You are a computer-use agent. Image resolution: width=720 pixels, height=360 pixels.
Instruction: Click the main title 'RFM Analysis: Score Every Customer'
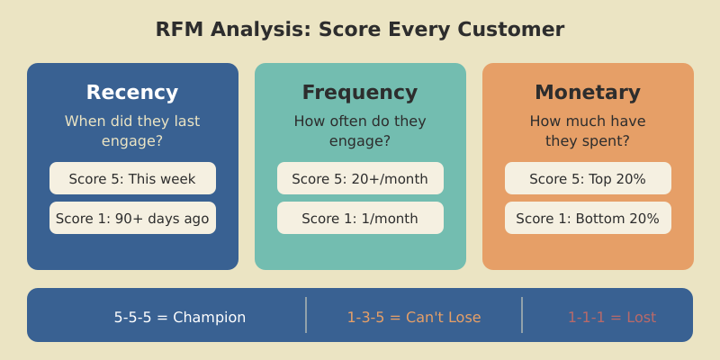(x=360, y=29)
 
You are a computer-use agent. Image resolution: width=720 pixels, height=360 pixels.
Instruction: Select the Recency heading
(x=132, y=92)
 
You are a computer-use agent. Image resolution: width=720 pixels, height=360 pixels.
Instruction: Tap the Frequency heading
(x=360, y=92)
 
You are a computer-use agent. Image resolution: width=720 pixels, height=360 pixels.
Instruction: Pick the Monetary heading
(x=588, y=92)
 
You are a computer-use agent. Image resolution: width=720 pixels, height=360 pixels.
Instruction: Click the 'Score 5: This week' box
(x=132, y=178)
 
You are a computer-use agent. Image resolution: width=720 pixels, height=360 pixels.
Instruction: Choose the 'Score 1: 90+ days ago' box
(x=132, y=218)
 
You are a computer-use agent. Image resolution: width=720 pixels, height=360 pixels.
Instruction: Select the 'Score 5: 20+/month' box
(x=360, y=178)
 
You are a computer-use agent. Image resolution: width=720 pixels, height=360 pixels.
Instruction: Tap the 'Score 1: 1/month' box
(x=360, y=218)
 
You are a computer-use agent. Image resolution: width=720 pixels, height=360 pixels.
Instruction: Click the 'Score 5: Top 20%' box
(x=588, y=178)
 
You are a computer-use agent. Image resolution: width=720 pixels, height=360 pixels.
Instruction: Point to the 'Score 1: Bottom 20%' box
(x=588, y=218)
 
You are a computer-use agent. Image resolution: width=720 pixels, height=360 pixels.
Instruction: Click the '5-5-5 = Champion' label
(x=180, y=317)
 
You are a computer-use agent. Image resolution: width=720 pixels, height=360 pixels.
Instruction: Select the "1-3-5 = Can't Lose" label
(x=414, y=317)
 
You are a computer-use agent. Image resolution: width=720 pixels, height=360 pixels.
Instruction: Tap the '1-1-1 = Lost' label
(x=612, y=317)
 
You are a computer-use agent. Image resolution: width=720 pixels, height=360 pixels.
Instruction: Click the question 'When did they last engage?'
(x=132, y=130)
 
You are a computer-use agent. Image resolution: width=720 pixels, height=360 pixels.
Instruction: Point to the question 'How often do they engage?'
(x=360, y=130)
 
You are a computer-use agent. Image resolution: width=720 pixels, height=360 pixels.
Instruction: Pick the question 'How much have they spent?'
(x=588, y=130)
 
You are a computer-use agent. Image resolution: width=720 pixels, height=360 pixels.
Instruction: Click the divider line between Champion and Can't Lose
(x=306, y=315)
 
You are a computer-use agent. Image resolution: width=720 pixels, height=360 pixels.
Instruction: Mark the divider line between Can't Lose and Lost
(x=522, y=315)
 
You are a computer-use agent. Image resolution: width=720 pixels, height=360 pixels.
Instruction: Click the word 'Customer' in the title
(x=511, y=29)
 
